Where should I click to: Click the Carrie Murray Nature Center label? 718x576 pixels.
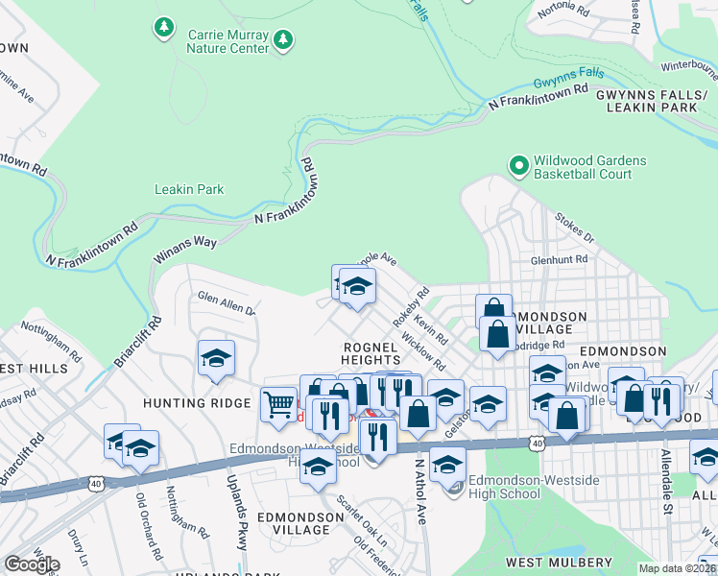pos(227,40)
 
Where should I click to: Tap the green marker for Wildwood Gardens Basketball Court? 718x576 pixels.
pos(518,167)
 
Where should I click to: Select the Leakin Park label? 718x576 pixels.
pos(189,189)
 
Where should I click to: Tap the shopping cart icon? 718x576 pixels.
pos(278,403)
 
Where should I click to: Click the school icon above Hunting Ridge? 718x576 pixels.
pos(216,359)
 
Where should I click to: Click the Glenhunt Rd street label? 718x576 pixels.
pos(558,260)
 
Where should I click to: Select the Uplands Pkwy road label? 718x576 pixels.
pos(239,506)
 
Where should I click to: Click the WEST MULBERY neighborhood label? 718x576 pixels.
pos(559,562)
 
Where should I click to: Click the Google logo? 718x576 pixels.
pos(32,564)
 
